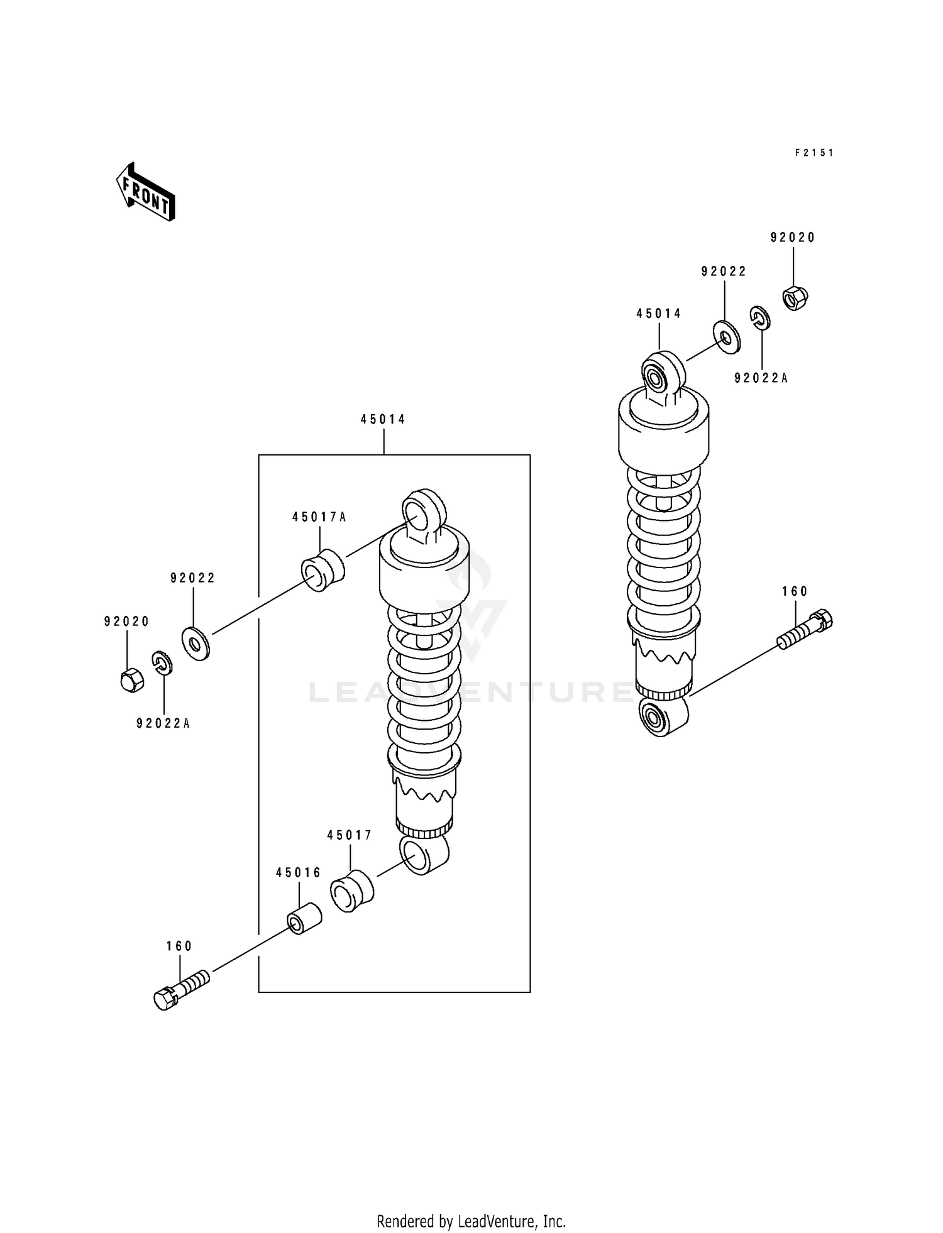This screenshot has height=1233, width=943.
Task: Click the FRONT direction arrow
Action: (x=145, y=191)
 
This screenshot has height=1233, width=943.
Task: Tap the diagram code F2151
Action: (x=813, y=153)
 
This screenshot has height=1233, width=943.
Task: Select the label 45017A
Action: (x=319, y=517)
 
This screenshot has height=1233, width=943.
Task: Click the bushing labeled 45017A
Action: (x=323, y=570)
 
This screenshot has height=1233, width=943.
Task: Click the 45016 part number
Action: (x=298, y=873)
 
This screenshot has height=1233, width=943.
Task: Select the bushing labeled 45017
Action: (x=351, y=890)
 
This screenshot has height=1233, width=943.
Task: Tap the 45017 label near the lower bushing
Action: (x=350, y=835)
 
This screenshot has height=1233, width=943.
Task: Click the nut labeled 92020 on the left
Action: (x=131, y=680)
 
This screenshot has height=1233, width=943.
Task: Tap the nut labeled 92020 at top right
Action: (x=795, y=297)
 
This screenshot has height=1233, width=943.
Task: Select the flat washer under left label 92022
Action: (x=196, y=644)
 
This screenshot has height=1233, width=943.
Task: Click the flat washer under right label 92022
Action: (x=727, y=337)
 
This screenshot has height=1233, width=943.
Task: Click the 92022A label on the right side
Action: (x=761, y=378)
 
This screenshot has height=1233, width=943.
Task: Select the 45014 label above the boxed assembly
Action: (x=383, y=419)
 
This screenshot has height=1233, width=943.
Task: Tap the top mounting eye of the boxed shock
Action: (x=424, y=509)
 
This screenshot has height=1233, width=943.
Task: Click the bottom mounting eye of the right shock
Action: (x=661, y=716)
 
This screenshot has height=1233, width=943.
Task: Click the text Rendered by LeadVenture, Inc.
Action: (x=471, y=1221)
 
